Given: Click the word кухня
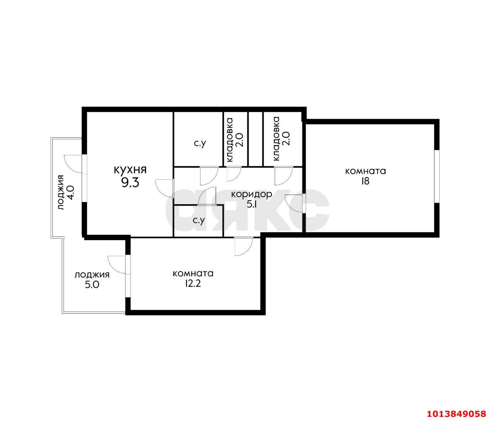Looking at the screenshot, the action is (x=130, y=170).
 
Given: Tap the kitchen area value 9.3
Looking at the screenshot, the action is (x=130, y=183).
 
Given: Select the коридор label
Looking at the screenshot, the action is (x=251, y=194).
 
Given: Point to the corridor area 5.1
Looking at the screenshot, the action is (x=251, y=205).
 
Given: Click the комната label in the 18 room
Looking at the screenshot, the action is (x=365, y=171).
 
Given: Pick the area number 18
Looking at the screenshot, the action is (x=365, y=181).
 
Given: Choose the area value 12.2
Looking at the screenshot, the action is (x=193, y=284).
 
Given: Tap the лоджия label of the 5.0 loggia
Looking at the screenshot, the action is (x=92, y=275).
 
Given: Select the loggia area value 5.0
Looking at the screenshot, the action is (x=92, y=285).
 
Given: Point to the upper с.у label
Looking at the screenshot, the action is (x=200, y=143).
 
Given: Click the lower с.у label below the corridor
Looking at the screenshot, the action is (x=199, y=220).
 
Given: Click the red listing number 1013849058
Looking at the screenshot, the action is (x=460, y=407).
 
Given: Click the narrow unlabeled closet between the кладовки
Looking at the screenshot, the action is (x=256, y=139).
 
